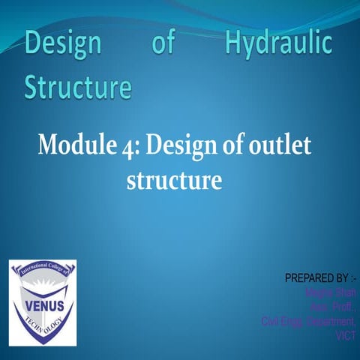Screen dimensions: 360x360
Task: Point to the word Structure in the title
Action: tap(78, 88)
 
